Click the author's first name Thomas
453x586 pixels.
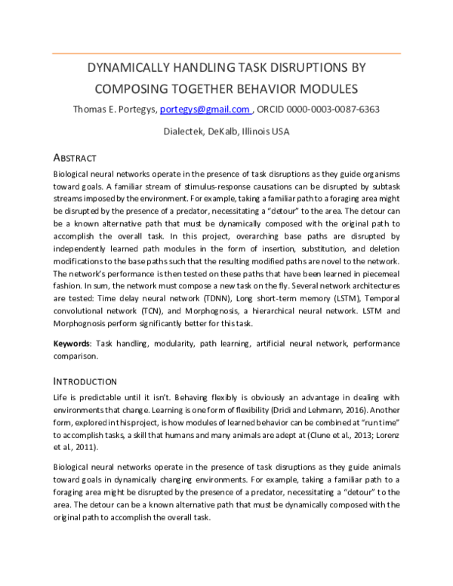pyautogui.click(x=93, y=109)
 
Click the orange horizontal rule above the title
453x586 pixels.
pyautogui.click(x=226, y=54)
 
